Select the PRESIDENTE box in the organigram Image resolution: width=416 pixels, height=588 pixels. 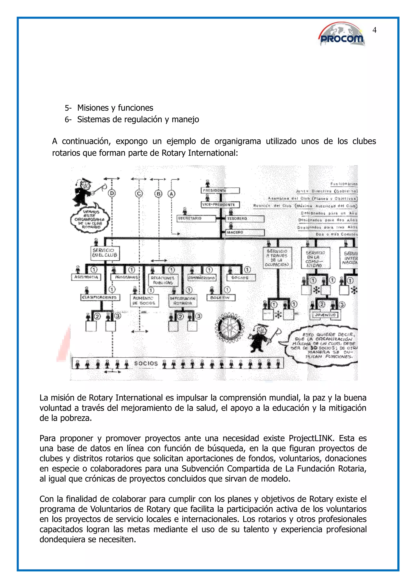pyautogui.click(x=220, y=191)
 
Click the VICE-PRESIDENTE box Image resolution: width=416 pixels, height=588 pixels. pyautogui.click(x=220, y=205)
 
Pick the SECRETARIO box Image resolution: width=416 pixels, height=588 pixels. pyautogui.click(x=197, y=218)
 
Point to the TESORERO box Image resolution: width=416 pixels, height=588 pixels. pyautogui.click(x=245, y=219)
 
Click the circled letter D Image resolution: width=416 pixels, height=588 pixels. pyautogui.click(x=112, y=194)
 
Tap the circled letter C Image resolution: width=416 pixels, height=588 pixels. pyautogui.click(x=139, y=194)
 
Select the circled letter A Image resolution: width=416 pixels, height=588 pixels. pyautogui.click(x=171, y=194)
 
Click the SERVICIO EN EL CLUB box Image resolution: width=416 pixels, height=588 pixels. pyautogui.click(x=105, y=253)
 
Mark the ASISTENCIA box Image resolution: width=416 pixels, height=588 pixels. pyautogui.click(x=86, y=277)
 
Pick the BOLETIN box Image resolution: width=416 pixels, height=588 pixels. pyautogui.click(x=221, y=298)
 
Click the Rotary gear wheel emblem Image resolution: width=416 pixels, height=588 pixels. pyautogui.click(x=229, y=328)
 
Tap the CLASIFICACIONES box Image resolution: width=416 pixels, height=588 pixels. pyautogui.click(x=100, y=298)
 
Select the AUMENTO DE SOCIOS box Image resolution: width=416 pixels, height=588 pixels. pyautogui.click(x=144, y=301)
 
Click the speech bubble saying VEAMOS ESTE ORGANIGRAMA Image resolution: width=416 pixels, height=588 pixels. pyautogui.click(x=90, y=219)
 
